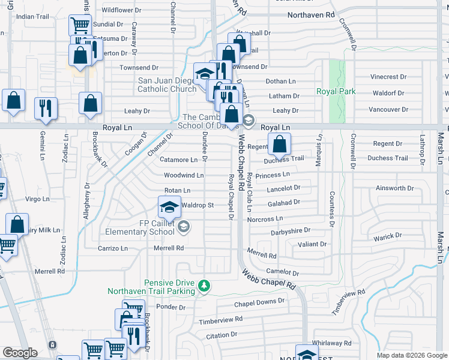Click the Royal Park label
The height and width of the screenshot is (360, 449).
click(336, 92)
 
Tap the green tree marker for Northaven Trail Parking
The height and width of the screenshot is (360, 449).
click(204, 286)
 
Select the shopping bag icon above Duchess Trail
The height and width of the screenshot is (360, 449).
click(279, 144)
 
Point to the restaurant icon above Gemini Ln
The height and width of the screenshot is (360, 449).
click(46, 108)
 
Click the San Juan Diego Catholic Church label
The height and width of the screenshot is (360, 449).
click(167, 85)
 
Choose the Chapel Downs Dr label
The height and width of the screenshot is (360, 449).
click(259, 302)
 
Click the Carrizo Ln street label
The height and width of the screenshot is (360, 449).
click(113, 248)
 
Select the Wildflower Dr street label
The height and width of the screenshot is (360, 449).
click(121, 10)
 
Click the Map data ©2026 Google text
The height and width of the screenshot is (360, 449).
click(411, 355)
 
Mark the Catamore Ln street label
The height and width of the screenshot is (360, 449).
click(179, 160)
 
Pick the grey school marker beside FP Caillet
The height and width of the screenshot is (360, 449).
click(184, 226)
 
